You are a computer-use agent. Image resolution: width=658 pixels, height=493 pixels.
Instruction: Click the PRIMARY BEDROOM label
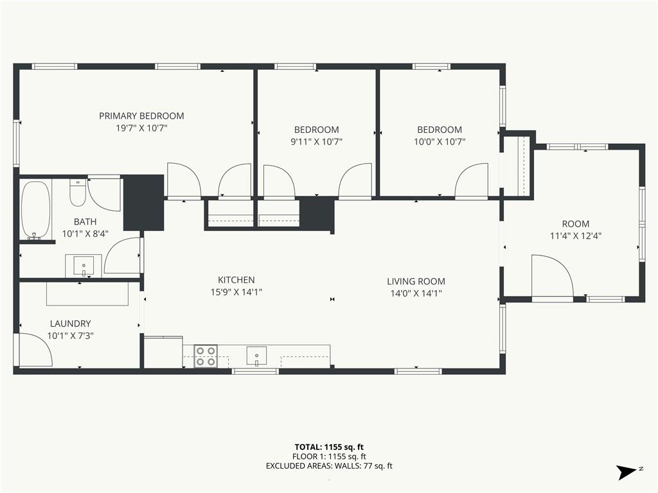click(141, 116)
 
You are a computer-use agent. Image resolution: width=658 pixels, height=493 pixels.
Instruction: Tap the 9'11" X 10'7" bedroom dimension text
click(316, 142)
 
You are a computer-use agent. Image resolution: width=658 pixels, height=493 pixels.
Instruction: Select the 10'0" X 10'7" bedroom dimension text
click(440, 142)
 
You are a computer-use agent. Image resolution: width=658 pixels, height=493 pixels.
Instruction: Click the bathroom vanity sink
click(84, 265)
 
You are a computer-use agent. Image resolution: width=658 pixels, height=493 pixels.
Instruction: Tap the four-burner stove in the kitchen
click(206, 356)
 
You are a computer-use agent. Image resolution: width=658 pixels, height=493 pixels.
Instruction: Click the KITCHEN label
click(236, 280)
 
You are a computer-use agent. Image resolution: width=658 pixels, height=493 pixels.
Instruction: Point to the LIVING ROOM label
click(416, 281)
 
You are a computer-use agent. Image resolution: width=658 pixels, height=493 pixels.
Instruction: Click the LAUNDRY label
click(70, 324)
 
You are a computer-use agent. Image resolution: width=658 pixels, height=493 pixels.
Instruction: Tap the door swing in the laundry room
click(35, 350)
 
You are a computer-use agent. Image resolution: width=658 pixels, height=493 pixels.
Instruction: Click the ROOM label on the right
click(575, 224)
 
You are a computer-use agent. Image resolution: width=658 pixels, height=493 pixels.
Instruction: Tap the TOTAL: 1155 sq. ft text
click(328, 447)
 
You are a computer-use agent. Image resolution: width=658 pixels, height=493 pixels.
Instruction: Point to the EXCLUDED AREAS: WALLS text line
click(328, 466)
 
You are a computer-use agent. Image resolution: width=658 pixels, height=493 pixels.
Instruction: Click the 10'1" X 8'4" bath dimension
click(85, 234)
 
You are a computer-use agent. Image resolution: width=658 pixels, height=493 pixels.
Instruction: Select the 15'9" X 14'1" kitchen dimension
click(236, 292)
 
